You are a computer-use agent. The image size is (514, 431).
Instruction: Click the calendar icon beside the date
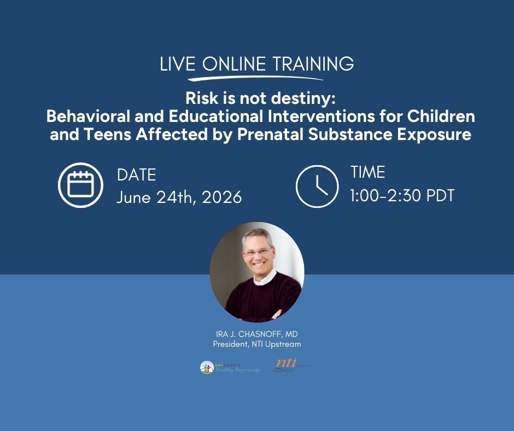(x=81, y=185)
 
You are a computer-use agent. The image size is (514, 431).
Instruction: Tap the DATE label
(x=136, y=175)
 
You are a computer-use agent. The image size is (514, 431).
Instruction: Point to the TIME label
(x=367, y=173)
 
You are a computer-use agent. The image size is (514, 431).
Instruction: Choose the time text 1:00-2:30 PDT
(x=402, y=195)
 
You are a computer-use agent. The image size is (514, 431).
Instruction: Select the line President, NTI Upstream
(x=256, y=344)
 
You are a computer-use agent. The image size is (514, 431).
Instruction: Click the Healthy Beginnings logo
(x=230, y=367)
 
